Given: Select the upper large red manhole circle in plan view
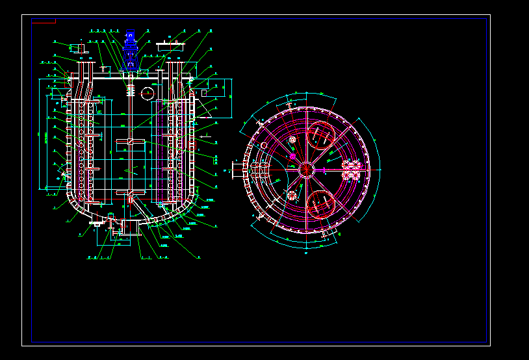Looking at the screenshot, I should click(320, 135).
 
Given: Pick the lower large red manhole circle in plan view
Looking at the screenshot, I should click(320, 204).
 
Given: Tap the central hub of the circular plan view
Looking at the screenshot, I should click(306, 170).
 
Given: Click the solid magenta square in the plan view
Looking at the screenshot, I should click(292, 156).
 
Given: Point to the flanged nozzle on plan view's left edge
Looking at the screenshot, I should click(237, 170).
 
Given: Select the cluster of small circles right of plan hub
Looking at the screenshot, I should click(352, 170).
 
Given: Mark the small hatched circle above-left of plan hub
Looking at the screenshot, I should click(292, 140).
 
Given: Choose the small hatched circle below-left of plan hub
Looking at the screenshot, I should click(292, 196).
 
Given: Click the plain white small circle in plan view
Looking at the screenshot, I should click(264, 145).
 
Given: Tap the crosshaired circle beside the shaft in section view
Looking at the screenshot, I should click(147, 93).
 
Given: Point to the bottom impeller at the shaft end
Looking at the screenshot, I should click(131, 193).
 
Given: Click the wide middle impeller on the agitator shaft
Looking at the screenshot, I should click(131, 143).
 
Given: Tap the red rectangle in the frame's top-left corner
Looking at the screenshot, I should click(44, 21).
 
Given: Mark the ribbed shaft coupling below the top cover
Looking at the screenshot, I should click(131, 89).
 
